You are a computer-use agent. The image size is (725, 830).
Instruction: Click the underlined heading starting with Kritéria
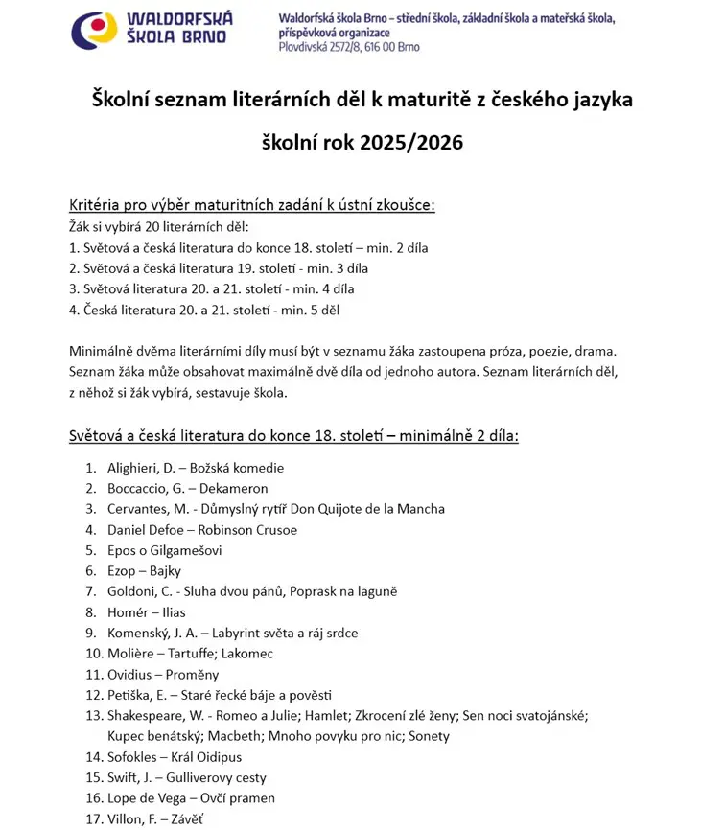click(251, 205)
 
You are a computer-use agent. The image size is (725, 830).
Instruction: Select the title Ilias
click(169, 612)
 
